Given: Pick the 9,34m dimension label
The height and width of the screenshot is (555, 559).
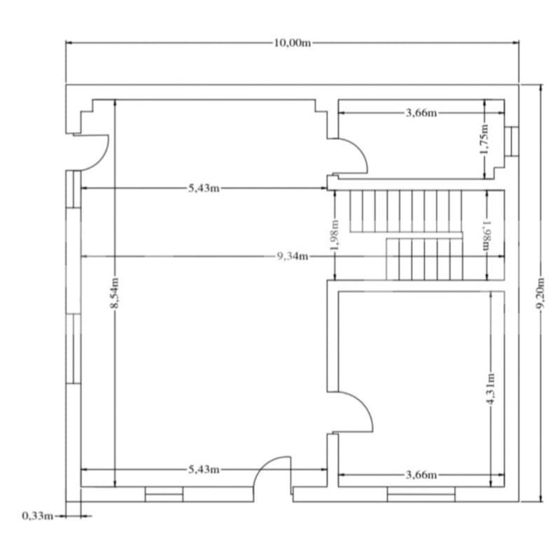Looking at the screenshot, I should tap(292, 256).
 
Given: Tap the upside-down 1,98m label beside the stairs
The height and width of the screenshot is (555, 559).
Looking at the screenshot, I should tap(485, 236).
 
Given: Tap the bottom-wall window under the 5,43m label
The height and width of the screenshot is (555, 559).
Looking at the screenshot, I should tap(164, 495).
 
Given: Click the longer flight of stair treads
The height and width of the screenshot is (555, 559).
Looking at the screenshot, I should tap(403, 210).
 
